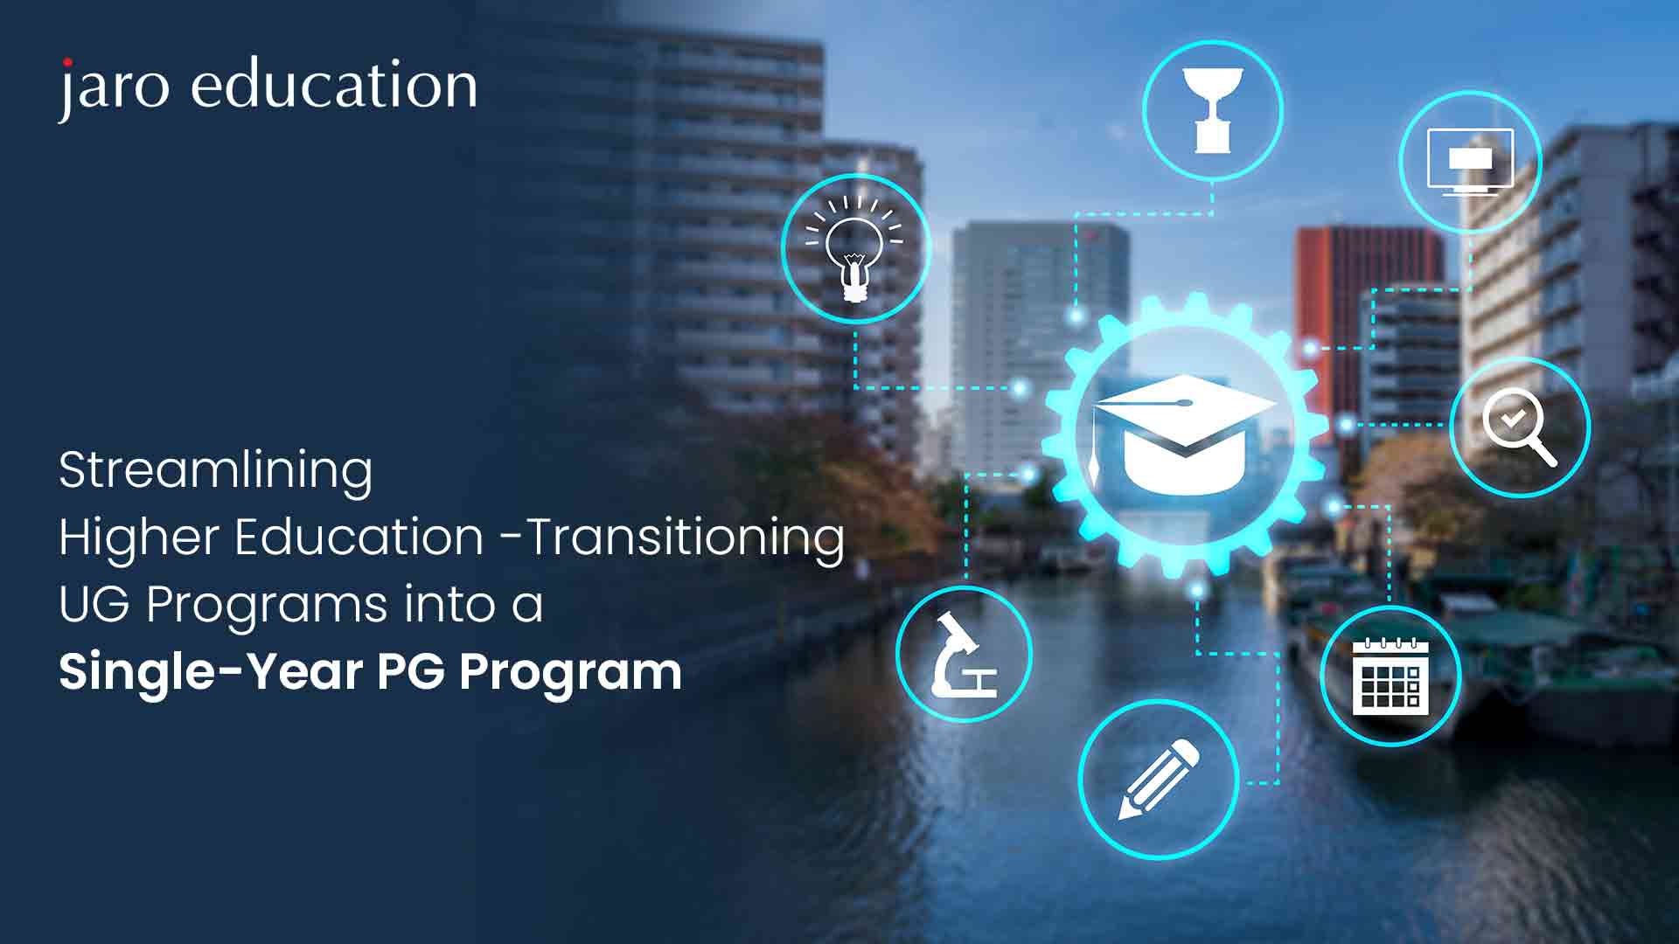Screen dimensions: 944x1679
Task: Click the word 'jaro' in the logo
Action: tap(114, 87)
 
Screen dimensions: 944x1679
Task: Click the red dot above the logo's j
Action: tap(67, 62)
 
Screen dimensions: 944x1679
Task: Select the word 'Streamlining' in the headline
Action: tap(215, 470)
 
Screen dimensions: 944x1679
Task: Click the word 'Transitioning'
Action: tap(685, 537)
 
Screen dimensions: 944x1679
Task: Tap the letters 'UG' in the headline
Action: tap(94, 604)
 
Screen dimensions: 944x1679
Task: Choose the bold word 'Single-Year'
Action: tap(211, 671)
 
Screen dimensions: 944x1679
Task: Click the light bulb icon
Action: tap(855, 249)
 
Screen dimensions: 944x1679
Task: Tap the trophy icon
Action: tap(1212, 111)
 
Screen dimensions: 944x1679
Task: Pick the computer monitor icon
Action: tap(1470, 162)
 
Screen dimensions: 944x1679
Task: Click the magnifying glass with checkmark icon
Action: tap(1520, 427)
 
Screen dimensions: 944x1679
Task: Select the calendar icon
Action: tap(1390, 676)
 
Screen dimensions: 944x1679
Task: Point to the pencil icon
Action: tap(1159, 780)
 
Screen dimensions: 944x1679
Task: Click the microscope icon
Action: tap(964, 655)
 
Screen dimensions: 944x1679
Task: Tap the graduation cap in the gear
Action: tap(1184, 433)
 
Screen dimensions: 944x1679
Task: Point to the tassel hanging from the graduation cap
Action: tap(1094, 455)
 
